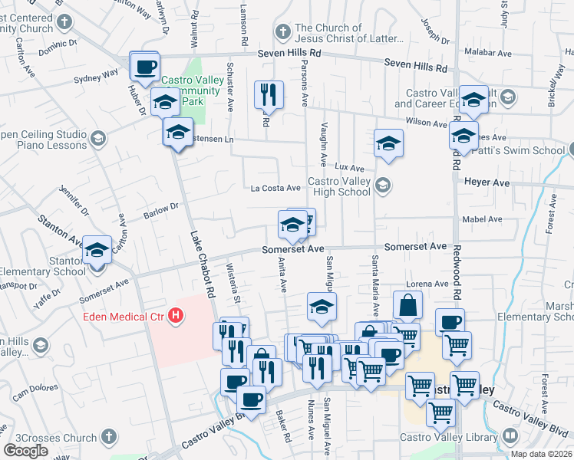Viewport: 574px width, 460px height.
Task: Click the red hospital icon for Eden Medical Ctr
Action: (177, 315)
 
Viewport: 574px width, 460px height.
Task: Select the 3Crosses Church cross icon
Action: (109, 438)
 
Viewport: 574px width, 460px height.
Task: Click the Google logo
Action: (25, 451)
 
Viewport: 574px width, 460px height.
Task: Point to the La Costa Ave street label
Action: (275, 188)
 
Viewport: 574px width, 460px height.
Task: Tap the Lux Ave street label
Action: (349, 167)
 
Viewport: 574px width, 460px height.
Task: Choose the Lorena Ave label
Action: (430, 284)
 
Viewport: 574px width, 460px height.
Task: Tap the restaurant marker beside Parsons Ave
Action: (269, 94)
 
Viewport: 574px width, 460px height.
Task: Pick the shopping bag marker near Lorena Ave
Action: (407, 304)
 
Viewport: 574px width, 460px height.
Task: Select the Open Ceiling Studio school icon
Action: (97, 138)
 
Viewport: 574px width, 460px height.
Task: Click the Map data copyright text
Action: (541, 454)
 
